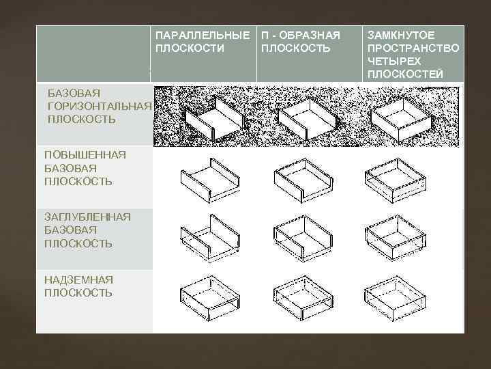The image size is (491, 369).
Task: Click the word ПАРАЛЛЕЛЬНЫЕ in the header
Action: coord(203,35)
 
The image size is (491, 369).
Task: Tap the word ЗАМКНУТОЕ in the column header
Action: coord(401,35)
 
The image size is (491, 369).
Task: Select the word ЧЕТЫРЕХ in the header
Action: coord(394,61)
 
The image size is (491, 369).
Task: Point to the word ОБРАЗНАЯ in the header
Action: coord(310,35)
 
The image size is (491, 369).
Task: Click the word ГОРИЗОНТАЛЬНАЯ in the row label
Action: coord(100,107)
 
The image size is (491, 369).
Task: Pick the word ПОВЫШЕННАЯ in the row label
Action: coord(85,154)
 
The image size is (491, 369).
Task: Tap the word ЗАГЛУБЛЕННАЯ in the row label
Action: coord(87,217)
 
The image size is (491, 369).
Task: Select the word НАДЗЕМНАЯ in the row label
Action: coord(78,279)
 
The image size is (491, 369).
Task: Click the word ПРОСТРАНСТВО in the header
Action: coord(413,48)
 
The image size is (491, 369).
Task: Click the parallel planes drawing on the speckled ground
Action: coord(215,118)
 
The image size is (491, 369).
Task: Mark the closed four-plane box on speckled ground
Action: coord(400,119)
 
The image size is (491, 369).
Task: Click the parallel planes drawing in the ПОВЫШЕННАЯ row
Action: coord(210,180)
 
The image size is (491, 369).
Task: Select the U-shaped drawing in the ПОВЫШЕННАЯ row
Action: coord(303,180)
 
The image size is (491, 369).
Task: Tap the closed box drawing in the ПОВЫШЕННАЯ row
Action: coord(396,180)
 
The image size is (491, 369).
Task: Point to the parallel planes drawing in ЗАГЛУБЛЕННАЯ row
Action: coord(210,238)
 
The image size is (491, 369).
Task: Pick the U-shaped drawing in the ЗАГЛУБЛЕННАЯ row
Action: coord(303,238)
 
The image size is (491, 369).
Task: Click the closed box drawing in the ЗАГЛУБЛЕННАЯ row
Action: coord(396,238)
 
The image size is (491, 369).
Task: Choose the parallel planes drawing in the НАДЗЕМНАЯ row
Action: coord(210,299)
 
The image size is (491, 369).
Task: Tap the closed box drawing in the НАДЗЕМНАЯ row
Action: coord(395,299)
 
